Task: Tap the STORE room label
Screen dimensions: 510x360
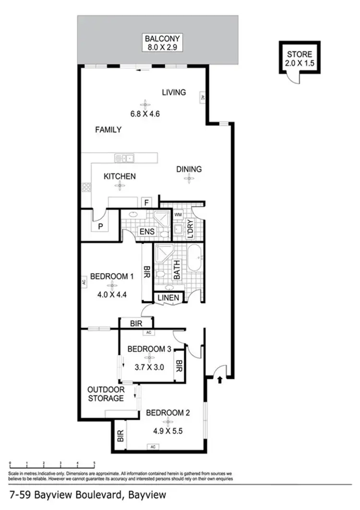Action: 300,54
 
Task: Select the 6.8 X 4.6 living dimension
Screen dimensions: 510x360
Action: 144,114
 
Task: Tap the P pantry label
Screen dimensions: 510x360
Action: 101,226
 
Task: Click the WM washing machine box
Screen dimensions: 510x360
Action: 178,214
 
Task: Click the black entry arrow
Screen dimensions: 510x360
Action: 220,380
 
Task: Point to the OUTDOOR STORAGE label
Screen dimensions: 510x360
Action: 106,394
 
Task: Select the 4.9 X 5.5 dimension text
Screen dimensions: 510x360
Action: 165,431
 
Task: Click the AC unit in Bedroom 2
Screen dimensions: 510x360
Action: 153,447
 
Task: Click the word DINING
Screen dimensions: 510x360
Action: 189,169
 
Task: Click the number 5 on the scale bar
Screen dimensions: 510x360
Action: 95,464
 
